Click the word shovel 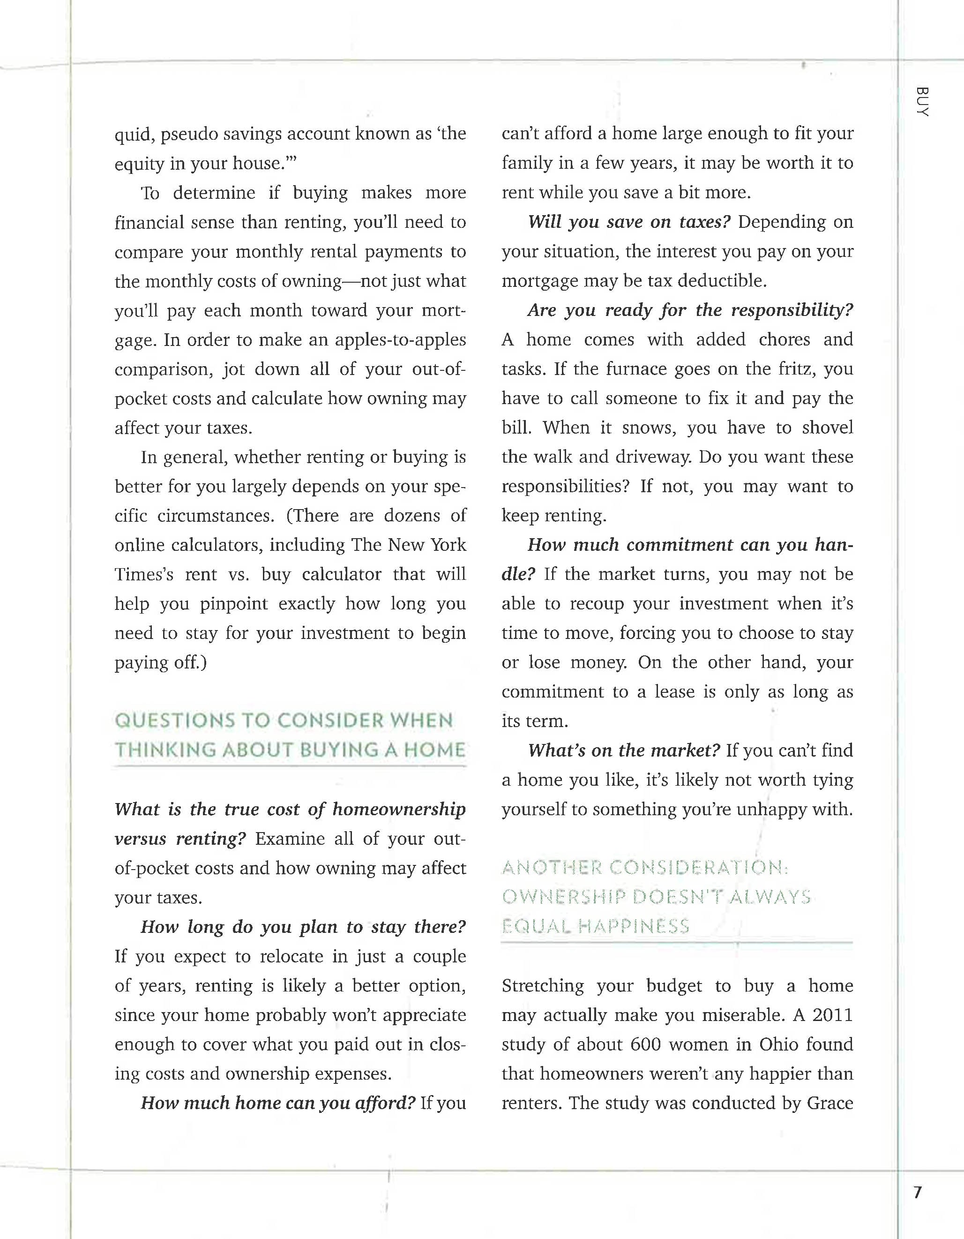point(827,428)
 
